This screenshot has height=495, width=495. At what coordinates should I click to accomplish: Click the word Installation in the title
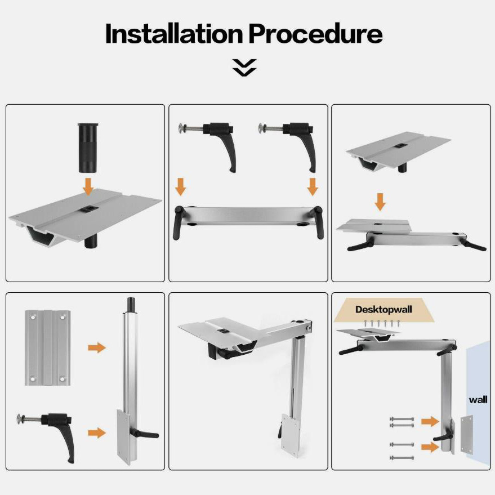click(x=174, y=33)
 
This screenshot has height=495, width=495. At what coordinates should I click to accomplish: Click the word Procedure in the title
click(x=316, y=33)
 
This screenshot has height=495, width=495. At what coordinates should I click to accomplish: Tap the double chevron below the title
click(x=244, y=68)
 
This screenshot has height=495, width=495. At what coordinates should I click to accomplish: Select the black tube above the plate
click(x=88, y=148)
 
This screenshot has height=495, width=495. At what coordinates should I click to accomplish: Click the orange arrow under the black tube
click(x=88, y=186)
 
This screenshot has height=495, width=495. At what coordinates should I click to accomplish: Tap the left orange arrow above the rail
click(x=180, y=186)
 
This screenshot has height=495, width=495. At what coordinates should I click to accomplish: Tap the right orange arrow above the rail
click(x=312, y=186)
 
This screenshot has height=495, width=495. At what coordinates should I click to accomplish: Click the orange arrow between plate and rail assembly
click(x=380, y=202)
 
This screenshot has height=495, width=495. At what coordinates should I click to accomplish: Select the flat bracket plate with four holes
click(x=47, y=347)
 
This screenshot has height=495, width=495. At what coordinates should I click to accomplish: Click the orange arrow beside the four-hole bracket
click(x=97, y=348)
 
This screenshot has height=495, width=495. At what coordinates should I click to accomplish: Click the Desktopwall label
click(x=383, y=309)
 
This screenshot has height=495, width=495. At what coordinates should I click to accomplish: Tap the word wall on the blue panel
click(x=478, y=400)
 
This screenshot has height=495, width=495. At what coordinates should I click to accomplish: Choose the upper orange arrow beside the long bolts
click(x=430, y=421)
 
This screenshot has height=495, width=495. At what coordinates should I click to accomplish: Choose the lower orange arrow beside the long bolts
click(x=430, y=447)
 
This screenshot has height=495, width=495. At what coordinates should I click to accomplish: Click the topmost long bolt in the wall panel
click(x=402, y=419)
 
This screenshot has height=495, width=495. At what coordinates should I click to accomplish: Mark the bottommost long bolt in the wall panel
click(x=402, y=458)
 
